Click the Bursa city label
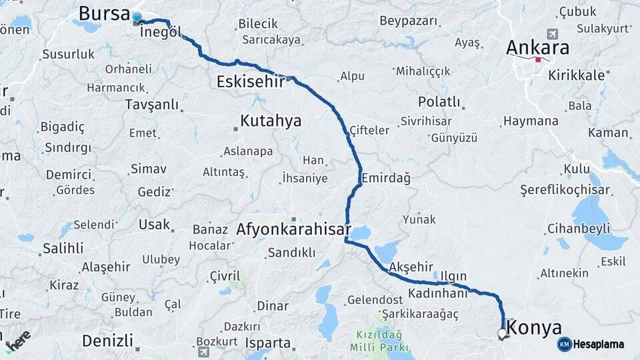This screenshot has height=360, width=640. [x=103, y=13]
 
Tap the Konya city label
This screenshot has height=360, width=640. [x=533, y=327]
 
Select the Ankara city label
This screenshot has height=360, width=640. [x=537, y=47]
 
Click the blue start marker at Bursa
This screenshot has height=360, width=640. [x=137, y=17]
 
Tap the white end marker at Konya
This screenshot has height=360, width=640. [x=501, y=333]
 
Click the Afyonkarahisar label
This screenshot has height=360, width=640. [x=293, y=229]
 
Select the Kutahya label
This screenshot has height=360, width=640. [x=271, y=121]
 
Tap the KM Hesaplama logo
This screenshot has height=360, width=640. [x=591, y=344]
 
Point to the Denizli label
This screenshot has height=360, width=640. [x=107, y=341]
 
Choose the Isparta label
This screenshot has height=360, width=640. [x=268, y=343]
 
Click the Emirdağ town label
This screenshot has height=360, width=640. [x=386, y=177]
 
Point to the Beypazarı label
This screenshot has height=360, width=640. [x=409, y=21]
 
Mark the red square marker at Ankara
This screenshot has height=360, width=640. [x=538, y=59]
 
